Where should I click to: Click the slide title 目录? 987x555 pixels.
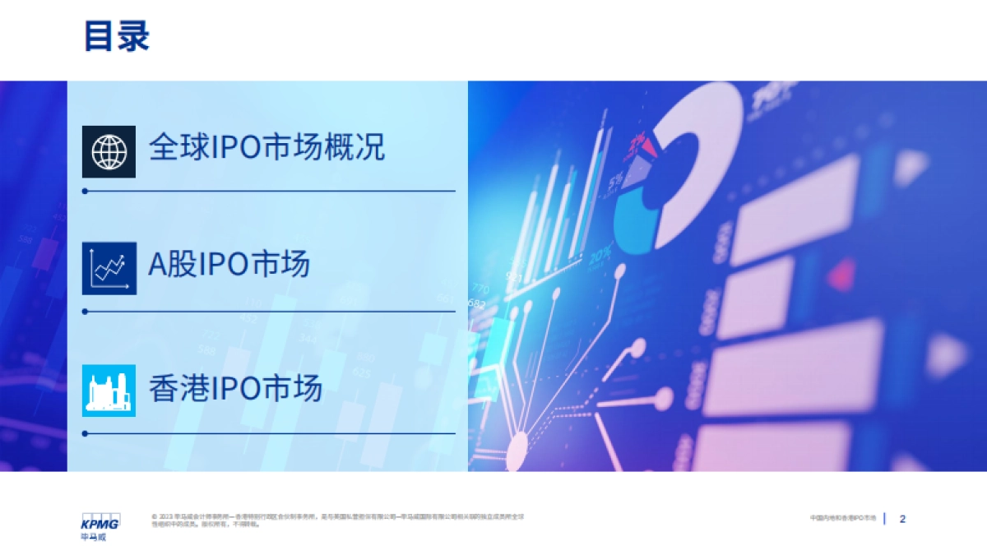click(x=117, y=37)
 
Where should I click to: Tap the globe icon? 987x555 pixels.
click(x=109, y=150)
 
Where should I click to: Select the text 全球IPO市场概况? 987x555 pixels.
click(x=266, y=148)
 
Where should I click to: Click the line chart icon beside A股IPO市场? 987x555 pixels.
click(x=109, y=268)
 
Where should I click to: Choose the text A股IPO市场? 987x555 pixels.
click(x=229, y=265)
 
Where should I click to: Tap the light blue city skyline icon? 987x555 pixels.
click(x=109, y=391)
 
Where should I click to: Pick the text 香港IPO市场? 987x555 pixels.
click(x=235, y=388)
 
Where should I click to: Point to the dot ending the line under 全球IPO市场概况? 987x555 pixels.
click(x=85, y=191)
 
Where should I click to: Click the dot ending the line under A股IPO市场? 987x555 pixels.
click(x=85, y=312)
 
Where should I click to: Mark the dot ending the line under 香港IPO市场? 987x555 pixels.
click(x=85, y=433)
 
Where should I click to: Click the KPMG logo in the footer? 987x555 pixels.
click(x=100, y=523)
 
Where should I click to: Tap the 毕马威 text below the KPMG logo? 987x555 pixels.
click(x=93, y=538)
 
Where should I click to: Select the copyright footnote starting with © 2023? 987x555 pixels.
click(x=337, y=520)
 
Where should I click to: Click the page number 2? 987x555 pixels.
click(x=902, y=519)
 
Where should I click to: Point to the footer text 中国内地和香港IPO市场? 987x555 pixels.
click(x=842, y=519)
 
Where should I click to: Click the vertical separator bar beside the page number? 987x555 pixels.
click(x=885, y=519)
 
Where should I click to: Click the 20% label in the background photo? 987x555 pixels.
click(x=600, y=254)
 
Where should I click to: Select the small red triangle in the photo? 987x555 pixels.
click(x=841, y=271)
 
